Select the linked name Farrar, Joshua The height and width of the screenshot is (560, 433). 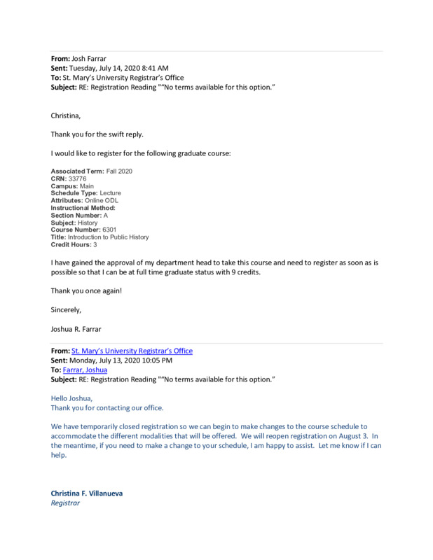(x=89, y=370)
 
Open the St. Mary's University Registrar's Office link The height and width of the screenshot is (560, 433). (x=132, y=351)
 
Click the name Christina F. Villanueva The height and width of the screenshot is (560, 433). (x=86, y=493)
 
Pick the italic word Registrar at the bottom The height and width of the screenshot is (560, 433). (x=65, y=503)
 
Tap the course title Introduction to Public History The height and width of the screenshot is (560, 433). (x=108, y=237)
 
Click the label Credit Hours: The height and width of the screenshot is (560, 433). (x=71, y=245)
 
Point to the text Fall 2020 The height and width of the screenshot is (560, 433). (x=118, y=171)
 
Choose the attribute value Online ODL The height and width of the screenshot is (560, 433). (x=102, y=200)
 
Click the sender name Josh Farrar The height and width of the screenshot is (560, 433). (x=89, y=58)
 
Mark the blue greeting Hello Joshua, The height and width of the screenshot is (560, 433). (x=71, y=398)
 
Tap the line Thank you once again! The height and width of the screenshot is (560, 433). (x=86, y=290)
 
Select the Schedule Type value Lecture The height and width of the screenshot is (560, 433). (x=110, y=193)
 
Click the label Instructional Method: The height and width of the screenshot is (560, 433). (x=83, y=208)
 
